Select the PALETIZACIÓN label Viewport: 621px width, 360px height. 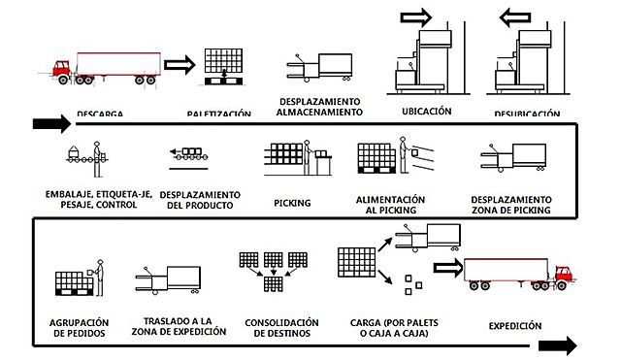(219, 115)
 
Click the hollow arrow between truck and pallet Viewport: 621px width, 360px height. (180, 66)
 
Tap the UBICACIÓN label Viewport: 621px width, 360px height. (426, 112)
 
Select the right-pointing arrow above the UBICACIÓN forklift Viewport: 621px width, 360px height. (415, 16)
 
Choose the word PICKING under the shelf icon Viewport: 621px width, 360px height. (293, 204)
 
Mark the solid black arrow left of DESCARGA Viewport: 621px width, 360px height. (51, 123)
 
